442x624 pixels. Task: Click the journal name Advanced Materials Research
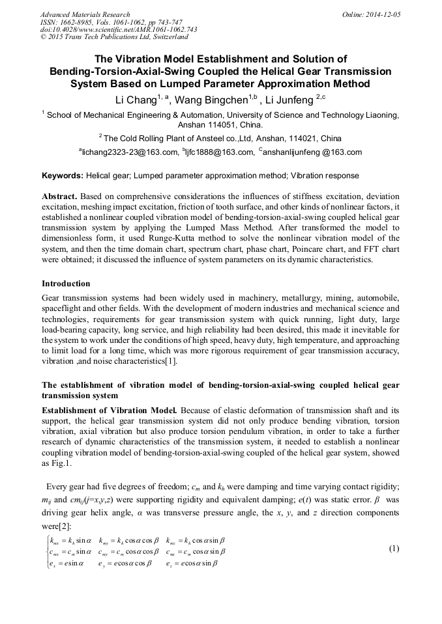pyautogui.click(x=85, y=14)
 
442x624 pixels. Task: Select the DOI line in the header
pyautogui.click(x=119, y=29)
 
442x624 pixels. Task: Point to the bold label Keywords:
pyautogui.click(x=63, y=176)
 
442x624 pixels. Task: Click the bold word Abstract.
pyautogui.click(x=59, y=196)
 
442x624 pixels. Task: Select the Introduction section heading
pyautogui.click(x=66, y=283)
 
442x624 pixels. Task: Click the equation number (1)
pyautogui.click(x=394, y=549)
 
